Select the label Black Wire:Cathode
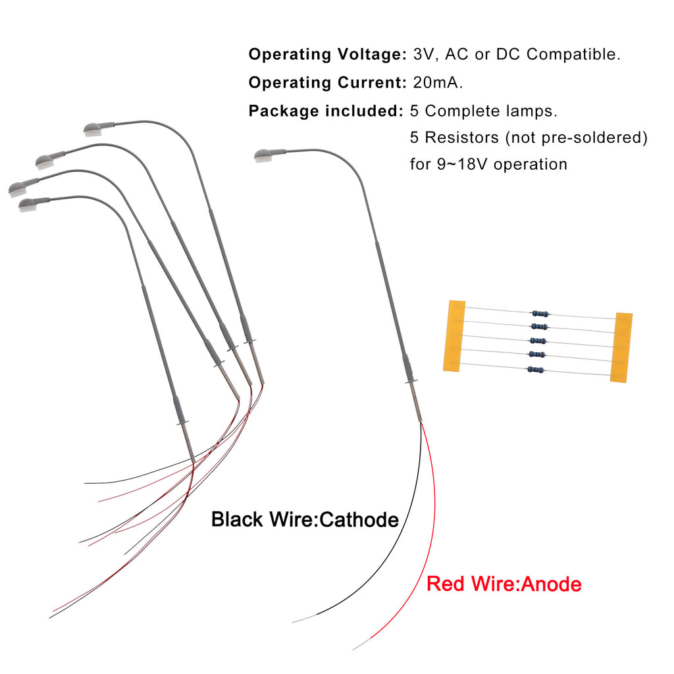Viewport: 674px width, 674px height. click(x=305, y=519)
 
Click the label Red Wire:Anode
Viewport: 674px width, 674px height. click(x=504, y=584)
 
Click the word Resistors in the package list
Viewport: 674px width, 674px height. click(x=461, y=138)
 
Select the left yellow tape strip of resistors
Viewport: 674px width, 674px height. click(x=454, y=336)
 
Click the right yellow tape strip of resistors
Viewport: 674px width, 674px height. click(x=621, y=348)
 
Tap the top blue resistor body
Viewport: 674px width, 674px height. click(x=540, y=313)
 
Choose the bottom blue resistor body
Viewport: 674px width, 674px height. click(x=536, y=369)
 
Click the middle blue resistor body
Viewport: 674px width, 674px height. click(x=538, y=341)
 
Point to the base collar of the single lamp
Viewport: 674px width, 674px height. click(x=411, y=381)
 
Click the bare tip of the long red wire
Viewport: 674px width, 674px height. click(x=361, y=644)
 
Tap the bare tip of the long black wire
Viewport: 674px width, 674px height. click(x=304, y=618)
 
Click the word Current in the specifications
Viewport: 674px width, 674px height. click(x=372, y=82)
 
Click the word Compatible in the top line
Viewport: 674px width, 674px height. click(x=573, y=55)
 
